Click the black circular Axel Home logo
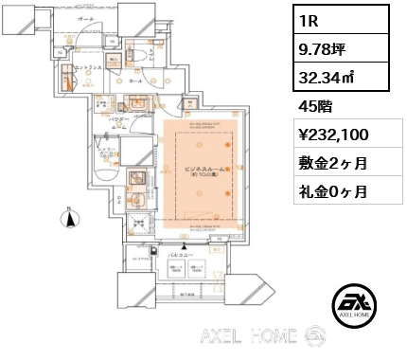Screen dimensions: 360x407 [x=357, y=305]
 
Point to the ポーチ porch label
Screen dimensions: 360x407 [x=86, y=19]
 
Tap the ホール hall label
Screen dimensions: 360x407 [x=136, y=81]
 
